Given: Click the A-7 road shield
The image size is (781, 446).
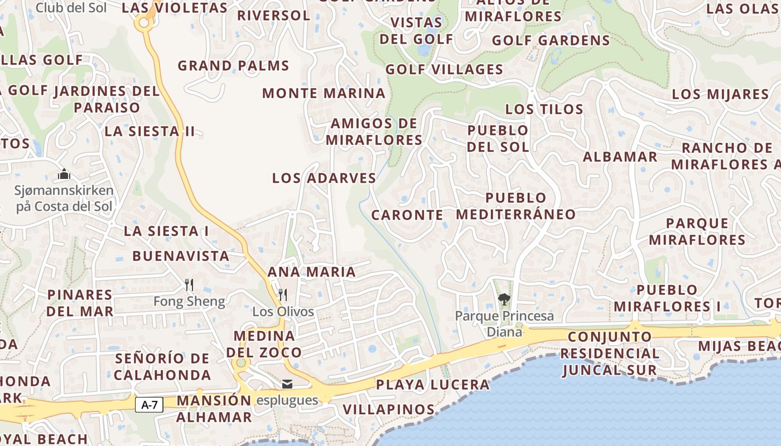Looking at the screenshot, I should pos(149,405).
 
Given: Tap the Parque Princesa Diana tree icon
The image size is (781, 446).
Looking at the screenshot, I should pos(504,299).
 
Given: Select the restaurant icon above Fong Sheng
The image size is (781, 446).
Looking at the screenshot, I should pos(189,285).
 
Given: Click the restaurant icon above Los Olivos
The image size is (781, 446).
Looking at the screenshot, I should pos(283,294).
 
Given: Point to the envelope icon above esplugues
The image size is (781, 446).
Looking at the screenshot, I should pos(287,384).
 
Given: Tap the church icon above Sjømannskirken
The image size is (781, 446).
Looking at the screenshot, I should pos(64,174).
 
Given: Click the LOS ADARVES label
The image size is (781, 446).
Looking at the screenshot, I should pos(324,178).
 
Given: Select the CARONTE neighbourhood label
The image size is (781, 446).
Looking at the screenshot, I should pos(407,215).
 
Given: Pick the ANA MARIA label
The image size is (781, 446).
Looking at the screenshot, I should pos(312,272).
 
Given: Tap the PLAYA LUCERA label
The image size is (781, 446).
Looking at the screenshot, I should pos(432,385).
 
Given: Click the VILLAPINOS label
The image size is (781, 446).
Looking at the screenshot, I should pos(388,410).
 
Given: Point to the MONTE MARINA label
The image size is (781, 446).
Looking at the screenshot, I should pos(324,94).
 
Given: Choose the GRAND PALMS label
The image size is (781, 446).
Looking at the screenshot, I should pos(233,66).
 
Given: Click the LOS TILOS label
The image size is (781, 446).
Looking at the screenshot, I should pos(544,109).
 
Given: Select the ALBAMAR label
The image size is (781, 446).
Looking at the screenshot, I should pos(620,157).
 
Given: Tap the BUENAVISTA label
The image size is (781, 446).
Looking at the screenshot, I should pos(181,256).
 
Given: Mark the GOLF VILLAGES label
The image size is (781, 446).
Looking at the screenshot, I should pos(444,70).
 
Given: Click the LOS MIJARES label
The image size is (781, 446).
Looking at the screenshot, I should pos(720,94).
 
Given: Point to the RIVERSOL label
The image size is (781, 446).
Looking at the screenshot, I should pos(273,16).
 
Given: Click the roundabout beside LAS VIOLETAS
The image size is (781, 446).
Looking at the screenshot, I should pos(144,23).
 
